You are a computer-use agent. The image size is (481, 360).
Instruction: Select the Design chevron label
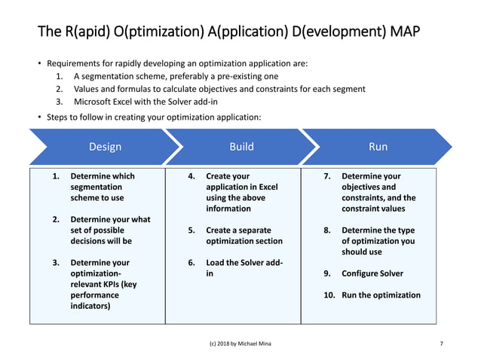tap(105, 147)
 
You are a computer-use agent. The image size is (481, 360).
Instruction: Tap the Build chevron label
tap(241, 147)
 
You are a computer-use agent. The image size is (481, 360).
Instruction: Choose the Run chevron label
tap(378, 147)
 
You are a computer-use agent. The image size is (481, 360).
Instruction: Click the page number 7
tap(441, 343)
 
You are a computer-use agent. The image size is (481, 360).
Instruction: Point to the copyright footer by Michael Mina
tap(240, 343)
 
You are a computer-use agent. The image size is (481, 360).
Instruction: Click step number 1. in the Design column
tap(56, 176)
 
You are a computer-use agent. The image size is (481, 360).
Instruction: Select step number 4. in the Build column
tap(191, 176)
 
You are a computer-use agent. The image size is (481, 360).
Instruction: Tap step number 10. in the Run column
tap(329, 295)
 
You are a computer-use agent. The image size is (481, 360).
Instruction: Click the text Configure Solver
tap(372, 273)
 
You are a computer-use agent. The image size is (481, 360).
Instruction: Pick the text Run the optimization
tap(381, 295)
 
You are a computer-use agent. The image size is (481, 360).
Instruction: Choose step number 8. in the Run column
tap(327, 230)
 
